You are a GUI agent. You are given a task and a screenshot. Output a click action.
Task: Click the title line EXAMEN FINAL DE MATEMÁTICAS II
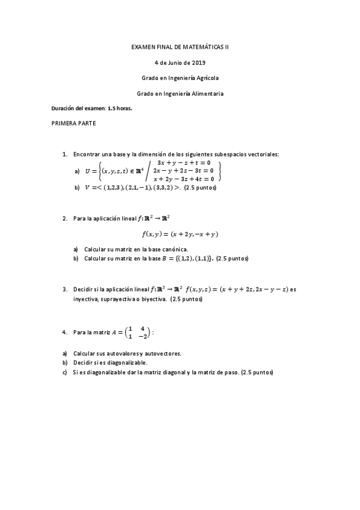(180, 46)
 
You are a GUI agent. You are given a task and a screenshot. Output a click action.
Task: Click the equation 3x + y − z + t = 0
(183, 162)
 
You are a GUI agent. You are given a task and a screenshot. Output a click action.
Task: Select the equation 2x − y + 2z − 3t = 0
(183, 170)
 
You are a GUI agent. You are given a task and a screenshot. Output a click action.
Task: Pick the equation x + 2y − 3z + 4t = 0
(183, 179)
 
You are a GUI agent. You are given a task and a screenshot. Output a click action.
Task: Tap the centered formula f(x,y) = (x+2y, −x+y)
(180, 234)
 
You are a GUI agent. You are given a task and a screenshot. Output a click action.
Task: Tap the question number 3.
(64, 289)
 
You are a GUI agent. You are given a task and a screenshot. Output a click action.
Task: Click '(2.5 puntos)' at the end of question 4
(256, 373)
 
